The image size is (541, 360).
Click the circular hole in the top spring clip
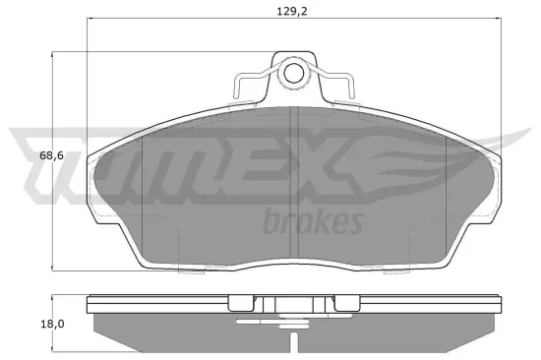tap(293, 74)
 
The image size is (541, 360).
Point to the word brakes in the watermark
tap(314, 222)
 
